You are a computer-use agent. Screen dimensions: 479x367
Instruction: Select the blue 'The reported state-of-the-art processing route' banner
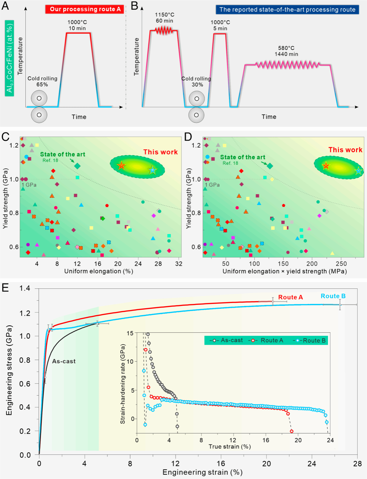[287, 9]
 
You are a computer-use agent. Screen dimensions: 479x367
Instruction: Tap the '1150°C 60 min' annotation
[164, 18]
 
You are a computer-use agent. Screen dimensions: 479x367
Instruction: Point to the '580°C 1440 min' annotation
[286, 51]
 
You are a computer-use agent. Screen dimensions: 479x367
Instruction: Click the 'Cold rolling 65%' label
[42, 81]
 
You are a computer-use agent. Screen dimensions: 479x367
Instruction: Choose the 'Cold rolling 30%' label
[196, 81]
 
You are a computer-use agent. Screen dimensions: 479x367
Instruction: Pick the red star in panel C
[121, 166]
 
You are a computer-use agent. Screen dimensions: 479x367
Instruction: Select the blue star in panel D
[359, 171]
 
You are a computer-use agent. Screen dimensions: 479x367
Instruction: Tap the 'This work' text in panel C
[160, 152]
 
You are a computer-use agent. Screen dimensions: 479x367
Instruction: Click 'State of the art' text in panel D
[243, 157]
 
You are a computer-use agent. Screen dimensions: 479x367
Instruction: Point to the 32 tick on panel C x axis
[179, 264]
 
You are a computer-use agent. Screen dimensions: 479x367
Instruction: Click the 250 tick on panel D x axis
[341, 264]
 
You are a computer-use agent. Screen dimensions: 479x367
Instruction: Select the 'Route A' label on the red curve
[290, 297]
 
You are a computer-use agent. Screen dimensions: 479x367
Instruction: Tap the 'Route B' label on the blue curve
[333, 296]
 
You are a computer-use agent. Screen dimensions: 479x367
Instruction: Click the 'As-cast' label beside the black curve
[64, 361]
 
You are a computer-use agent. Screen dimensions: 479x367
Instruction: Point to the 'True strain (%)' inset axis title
[230, 447]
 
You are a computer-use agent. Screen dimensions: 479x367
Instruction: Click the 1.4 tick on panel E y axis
[25, 288]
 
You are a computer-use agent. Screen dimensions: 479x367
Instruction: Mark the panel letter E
[5, 288]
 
